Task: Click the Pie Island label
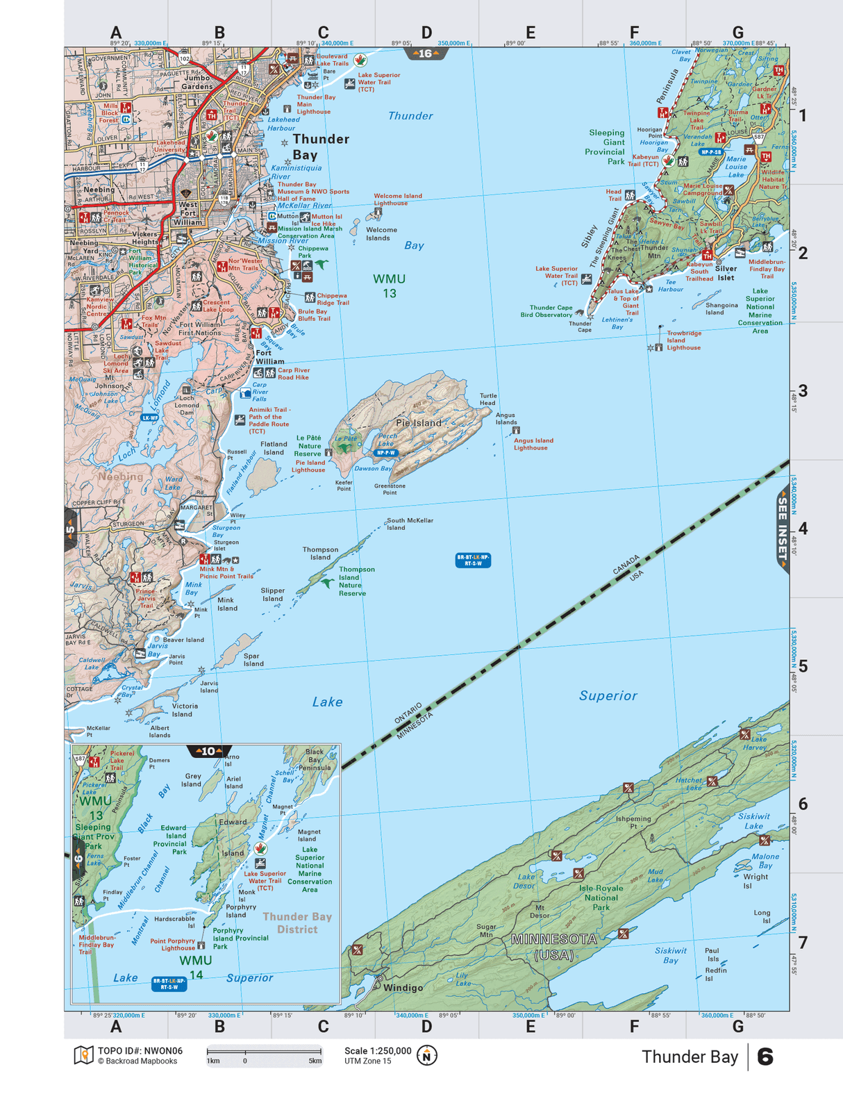(x=418, y=422)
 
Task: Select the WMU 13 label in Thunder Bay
(x=389, y=286)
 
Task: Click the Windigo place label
(x=403, y=988)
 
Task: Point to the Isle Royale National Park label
(x=601, y=898)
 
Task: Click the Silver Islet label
(x=726, y=273)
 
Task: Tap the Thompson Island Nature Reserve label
(x=356, y=581)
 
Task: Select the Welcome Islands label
(x=381, y=234)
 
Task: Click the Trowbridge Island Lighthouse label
(x=683, y=340)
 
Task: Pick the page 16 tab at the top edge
(x=425, y=53)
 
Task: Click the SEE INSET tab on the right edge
(x=783, y=528)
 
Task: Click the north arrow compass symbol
(x=426, y=1056)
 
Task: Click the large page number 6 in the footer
(x=765, y=1057)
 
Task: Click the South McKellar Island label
(x=410, y=524)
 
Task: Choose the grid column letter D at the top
(x=426, y=33)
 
